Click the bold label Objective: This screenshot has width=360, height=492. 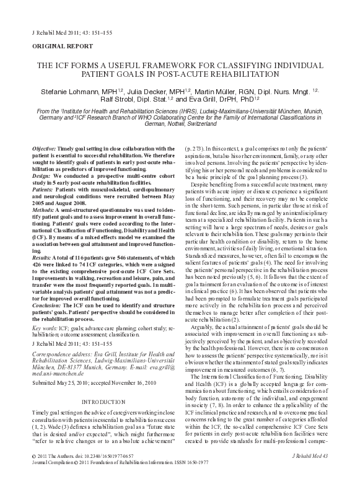pyautogui.click(x=43, y=149)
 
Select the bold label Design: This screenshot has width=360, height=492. pyautogui.click(x=41, y=175)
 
